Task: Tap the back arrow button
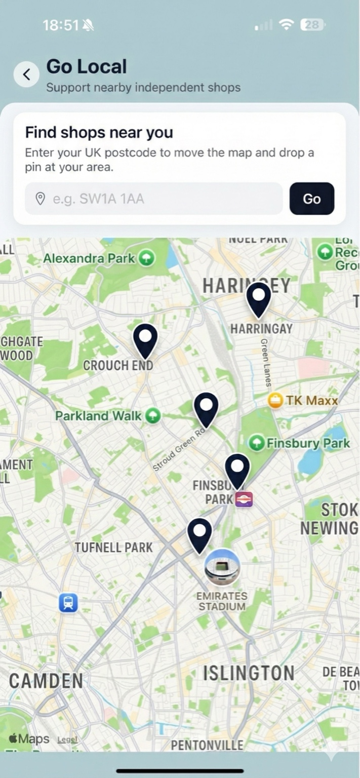[x=26, y=75]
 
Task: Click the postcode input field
[x=153, y=199]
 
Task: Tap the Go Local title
[x=87, y=66]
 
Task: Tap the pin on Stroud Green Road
[x=206, y=409]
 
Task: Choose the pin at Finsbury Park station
[x=237, y=470]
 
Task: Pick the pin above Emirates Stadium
[x=199, y=534]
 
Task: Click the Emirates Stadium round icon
[x=222, y=567]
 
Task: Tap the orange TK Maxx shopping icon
[x=275, y=400]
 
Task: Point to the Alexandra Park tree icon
[x=146, y=258]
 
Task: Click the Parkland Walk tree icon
[x=152, y=416]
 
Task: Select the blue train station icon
[x=68, y=603]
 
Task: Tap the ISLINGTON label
[x=249, y=673]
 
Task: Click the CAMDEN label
[x=46, y=681]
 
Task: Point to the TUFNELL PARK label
[x=113, y=547]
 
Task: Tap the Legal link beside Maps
[x=67, y=740]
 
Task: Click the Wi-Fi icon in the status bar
[x=287, y=25]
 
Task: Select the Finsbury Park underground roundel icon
[x=244, y=499]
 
